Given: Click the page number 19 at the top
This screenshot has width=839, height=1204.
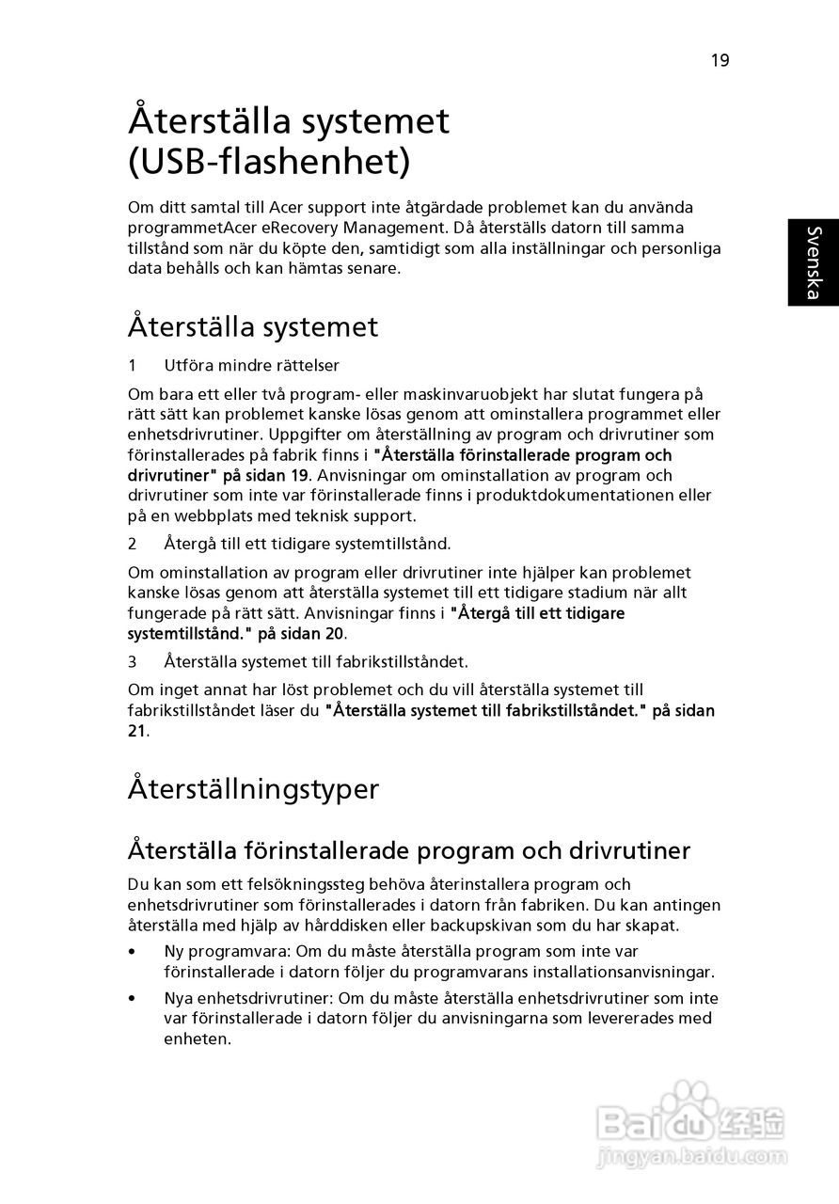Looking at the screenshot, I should tap(720, 61).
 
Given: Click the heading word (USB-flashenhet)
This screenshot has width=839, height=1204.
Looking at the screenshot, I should tap(269, 162).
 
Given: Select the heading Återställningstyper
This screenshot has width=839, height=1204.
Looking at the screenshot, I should tap(253, 788).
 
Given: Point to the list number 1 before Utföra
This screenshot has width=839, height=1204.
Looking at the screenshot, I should tap(133, 365).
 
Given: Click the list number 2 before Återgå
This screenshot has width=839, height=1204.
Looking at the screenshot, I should tap(133, 544).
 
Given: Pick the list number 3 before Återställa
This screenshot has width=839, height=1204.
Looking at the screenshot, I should tap(133, 661).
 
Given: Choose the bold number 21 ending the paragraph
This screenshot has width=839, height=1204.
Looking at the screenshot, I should tap(136, 731).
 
